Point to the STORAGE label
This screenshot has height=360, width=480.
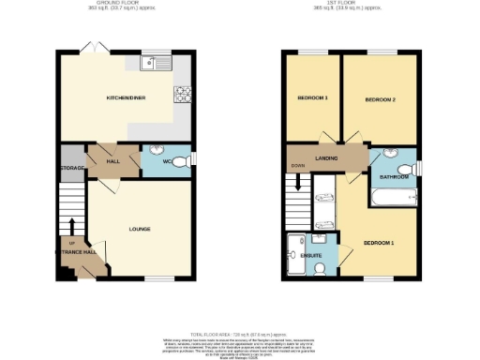pyautogui.click(x=72, y=168)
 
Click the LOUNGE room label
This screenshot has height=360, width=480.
pyautogui.click(x=140, y=229)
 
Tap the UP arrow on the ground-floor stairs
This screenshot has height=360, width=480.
pyautogui.click(x=71, y=226)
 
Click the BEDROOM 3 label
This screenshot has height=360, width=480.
pyautogui.click(x=312, y=97)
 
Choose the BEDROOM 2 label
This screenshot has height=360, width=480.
pyautogui.click(x=381, y=99)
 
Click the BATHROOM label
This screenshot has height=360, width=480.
pyautogui.click(x=394, y=176)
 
